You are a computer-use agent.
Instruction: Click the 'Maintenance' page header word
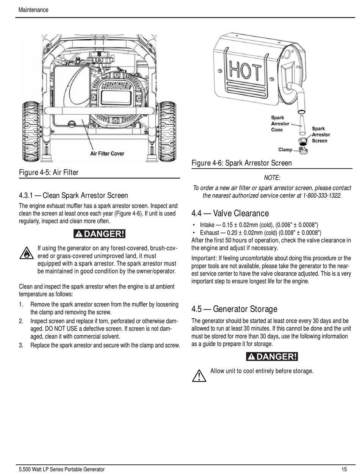point(33,10)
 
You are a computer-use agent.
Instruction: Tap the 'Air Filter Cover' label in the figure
point(107,153)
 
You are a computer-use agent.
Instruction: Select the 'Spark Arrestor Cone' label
point(280,124)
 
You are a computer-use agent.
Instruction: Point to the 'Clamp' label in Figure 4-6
point(285,150)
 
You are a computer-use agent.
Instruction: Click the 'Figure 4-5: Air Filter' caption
point(49,173)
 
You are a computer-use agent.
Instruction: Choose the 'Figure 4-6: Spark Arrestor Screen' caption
point(241,163)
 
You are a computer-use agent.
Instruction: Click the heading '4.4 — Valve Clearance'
point(230,214)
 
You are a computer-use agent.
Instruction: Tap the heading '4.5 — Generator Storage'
point(234,309)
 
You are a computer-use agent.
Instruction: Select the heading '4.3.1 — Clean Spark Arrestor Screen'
point(74,195)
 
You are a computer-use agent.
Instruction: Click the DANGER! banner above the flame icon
point(99,234)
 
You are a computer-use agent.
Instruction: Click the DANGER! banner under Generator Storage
point(272,356)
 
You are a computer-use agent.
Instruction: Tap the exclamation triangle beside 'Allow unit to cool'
point(199,375)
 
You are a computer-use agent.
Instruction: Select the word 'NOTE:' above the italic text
point(272,178)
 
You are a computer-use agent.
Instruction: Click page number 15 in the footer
point(344,469)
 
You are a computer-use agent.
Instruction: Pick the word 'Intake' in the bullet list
point(207,225)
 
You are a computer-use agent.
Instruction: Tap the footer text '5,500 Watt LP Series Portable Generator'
point(61,469)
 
